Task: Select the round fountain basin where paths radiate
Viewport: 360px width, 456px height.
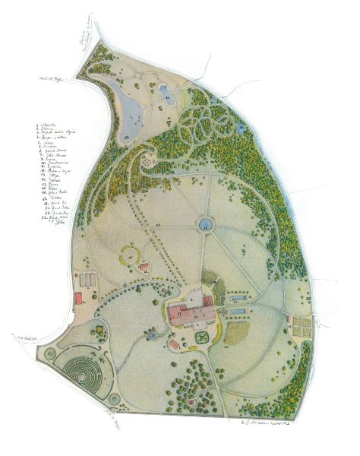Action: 205,224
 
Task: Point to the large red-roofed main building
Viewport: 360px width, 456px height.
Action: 190,312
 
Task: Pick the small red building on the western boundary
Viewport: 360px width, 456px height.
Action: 78,298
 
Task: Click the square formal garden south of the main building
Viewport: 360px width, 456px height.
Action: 201,331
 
